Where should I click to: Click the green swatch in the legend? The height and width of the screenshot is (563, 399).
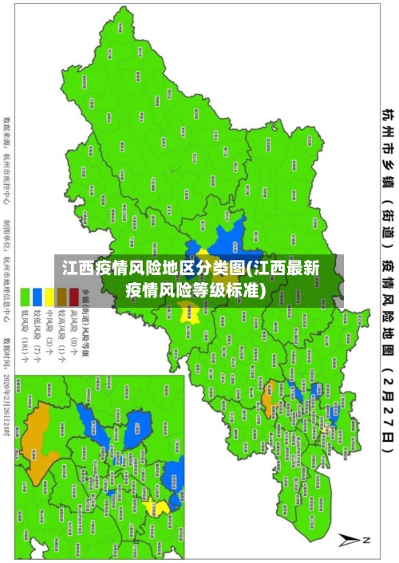pos(25,297)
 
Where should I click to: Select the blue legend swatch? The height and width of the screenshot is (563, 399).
pos(38,297)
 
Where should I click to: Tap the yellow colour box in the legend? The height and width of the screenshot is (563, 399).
pos(49,297)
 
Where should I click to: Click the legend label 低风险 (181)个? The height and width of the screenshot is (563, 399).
pos(25,334)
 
